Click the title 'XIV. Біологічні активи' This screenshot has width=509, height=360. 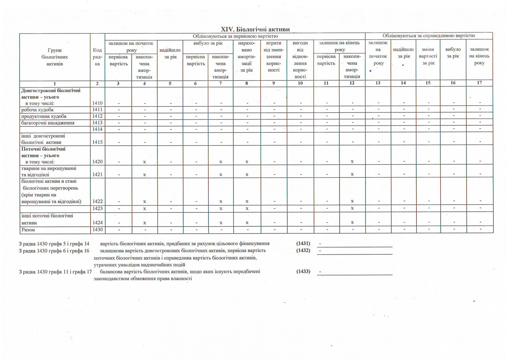click(x=255, y=29)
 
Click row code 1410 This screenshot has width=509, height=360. click(x=97, y=103)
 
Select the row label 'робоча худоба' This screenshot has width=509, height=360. click(x=37, y=110)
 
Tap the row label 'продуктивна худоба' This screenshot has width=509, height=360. click(x=44, y=116)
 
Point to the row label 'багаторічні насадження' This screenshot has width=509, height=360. click(x=48, y=123)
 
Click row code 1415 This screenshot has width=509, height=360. click(x=97, y=142)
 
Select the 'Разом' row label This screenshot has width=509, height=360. click(x=28, y=230)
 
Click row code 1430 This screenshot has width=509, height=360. click(x=97, y=230)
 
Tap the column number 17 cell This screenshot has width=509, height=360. click(x=479, y=83)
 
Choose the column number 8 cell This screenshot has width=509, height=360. click(x=247, y=83)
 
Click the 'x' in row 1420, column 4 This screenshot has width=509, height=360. click(x=144, y=162)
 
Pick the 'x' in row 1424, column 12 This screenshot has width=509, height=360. click(x=352, y=222)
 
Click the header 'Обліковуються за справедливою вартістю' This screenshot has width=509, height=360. click(x=429, y=36)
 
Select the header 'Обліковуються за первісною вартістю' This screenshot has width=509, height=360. click(x=235, y=36)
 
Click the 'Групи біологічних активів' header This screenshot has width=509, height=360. click(x=55, y=57)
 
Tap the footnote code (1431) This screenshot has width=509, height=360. click(x=303, y=244)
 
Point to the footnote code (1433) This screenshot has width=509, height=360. click(x=303, y=272)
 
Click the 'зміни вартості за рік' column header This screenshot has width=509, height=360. click(x=428, y=56)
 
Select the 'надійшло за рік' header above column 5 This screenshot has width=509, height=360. click(x=170, y=53)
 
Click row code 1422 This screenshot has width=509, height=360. click(x=97, y=201)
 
